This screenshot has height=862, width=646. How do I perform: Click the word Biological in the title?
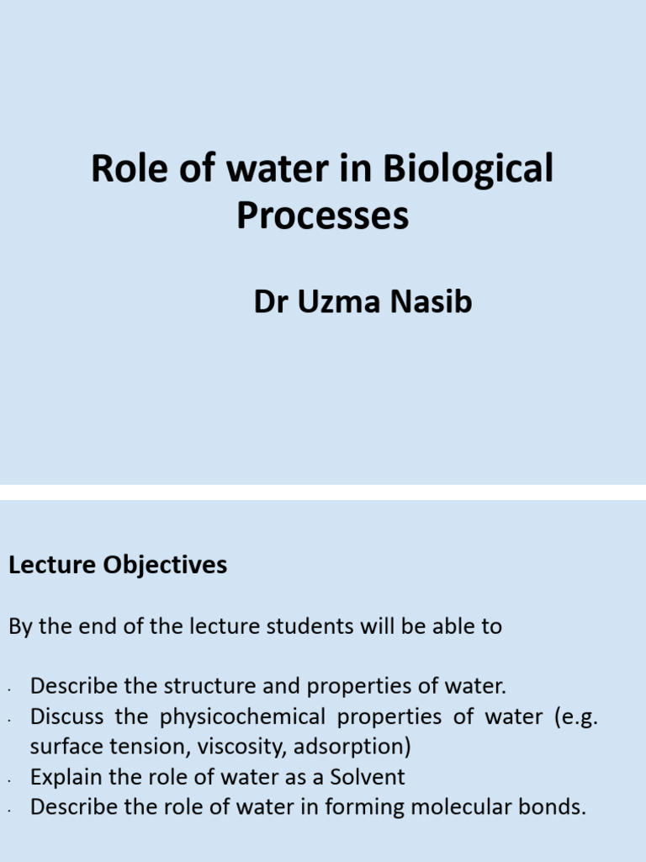tap(469, 169)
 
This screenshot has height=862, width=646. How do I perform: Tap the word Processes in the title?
tap(322, 215)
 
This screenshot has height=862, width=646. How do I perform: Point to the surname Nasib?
tap(430, 301)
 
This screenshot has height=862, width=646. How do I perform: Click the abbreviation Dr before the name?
tap(270, 301)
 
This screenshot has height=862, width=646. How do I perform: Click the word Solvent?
tap(366, 776)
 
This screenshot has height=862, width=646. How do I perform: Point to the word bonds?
tap(552, 806)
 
